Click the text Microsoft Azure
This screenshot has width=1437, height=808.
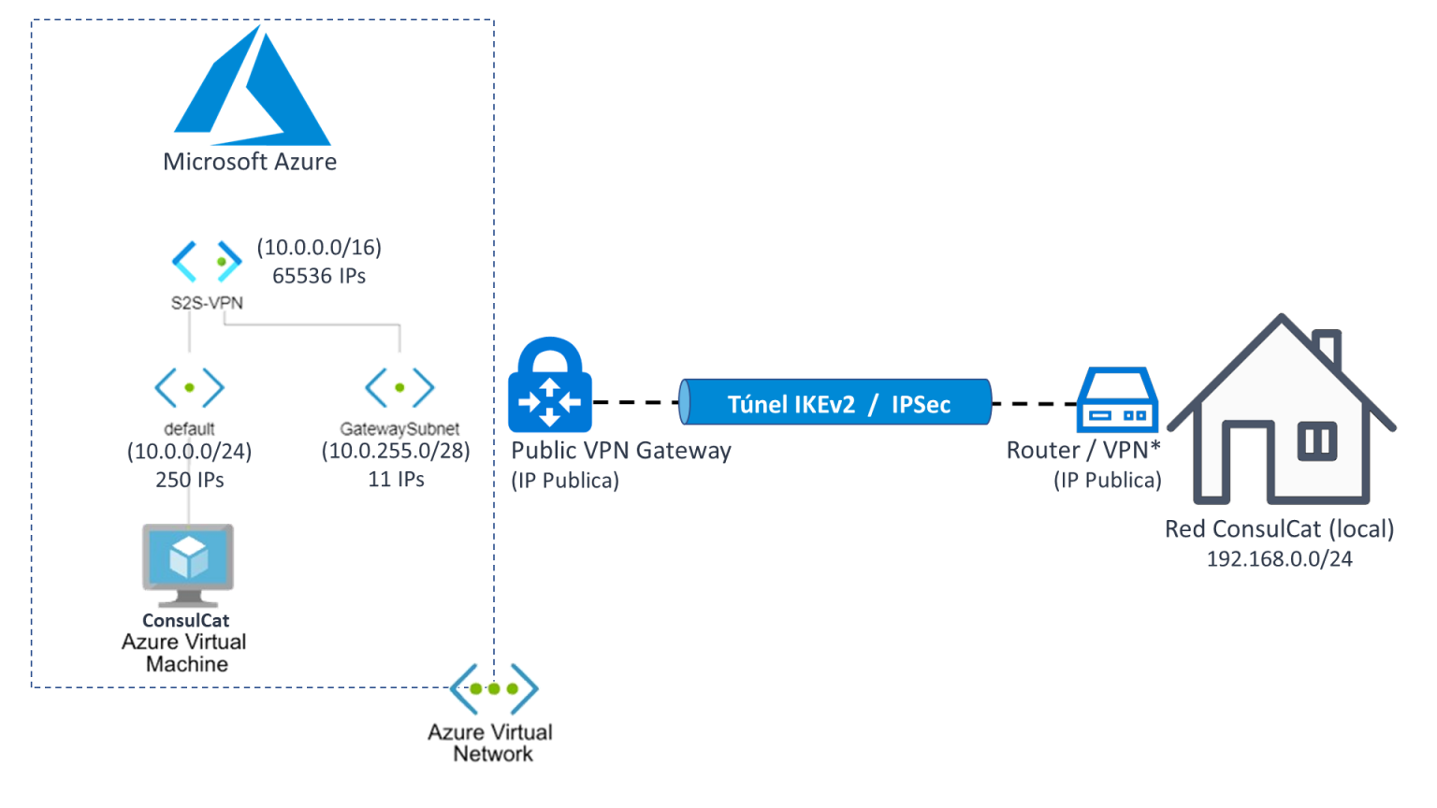pyautogui.click(x=250, y=162)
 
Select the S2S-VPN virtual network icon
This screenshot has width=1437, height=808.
pyautogui.click(x=207, y=262)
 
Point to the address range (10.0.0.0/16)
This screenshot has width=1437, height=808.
pyautogui.click(x=319, y=247)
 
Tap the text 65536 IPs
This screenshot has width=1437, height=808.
pyautogui.click(x=319, y=276)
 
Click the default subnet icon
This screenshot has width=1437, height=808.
pyautogui.click(x=189, y=387)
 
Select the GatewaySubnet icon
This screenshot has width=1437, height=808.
pyautogui.click(x=399, y=387)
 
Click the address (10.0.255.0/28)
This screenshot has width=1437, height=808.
pyautogui.click(x=396, y=451)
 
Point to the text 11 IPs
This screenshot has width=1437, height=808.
pyautogui.click(x=396, y=480)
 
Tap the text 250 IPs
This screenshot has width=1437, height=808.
pyautogui.click(x=190, y=480)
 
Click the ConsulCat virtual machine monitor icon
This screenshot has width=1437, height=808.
pyautogui.click(x=188, y=561)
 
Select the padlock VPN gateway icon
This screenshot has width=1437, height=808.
pyautogui.click(x=550, y=385)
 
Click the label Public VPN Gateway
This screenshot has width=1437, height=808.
pyautogui.click(x=621, y=451)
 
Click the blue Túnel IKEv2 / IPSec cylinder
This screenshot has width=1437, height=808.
pyautogui.click(x=835, y=403)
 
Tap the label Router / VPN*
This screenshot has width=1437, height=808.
pyautogui.click(x=1083, y=451)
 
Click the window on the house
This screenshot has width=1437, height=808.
pyautogui.click(x=1317, y=440)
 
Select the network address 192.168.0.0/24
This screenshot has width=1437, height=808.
pyautogui.click(x=1279, y=559)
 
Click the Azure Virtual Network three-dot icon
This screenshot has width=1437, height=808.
pyautogui.click(x=494, y=689)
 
